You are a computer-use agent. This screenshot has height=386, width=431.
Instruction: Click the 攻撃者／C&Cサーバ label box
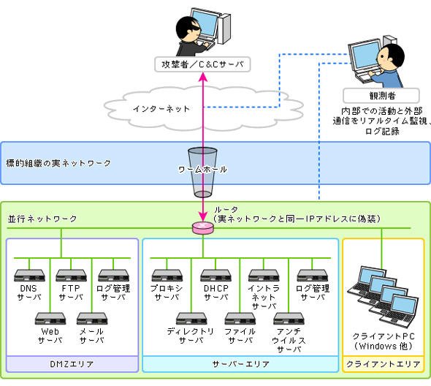coord(202,64)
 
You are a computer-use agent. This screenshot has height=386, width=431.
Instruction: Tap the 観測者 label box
coord(381,96)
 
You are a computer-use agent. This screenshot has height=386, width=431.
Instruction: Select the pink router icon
coord(203,228)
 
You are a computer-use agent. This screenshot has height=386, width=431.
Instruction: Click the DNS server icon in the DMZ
coord(29,276)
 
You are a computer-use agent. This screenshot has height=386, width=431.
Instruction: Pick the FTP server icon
coord(71,276)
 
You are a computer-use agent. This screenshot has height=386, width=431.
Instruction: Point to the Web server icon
coord(50,319)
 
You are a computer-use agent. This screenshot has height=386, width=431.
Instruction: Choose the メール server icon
coord(92,319)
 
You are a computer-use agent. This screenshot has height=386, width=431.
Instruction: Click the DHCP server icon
coord(215,276)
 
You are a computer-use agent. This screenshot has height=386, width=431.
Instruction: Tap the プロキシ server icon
coord(167,276)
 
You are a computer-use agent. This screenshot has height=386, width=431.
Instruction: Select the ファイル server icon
coord(240,319)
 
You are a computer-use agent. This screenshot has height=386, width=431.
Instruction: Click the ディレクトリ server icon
coord(191,319)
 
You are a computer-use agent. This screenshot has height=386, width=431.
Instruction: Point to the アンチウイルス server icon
coord(289,319)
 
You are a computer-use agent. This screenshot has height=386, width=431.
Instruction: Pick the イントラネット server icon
coord(264,276)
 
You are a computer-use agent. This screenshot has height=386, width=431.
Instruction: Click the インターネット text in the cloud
coord(161,109)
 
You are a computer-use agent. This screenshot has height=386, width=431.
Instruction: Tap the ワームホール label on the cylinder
coord(202,169)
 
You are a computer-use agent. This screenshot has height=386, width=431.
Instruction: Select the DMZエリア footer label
coord(72,364)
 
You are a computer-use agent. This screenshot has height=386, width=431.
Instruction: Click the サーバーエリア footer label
coord(240,364)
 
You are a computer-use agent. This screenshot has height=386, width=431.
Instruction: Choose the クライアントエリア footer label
coord(384,364)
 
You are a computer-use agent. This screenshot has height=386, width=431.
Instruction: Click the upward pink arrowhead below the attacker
coord(203,77)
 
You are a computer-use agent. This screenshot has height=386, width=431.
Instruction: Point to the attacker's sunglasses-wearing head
coord(188,29)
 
